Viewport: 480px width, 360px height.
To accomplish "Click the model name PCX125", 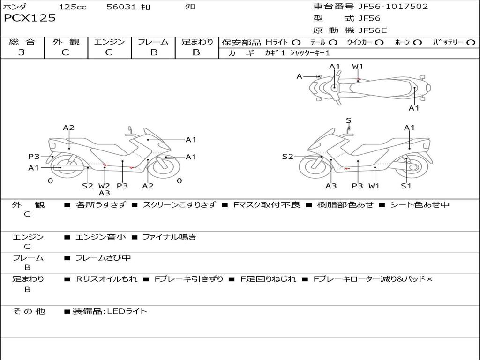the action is [x=30, y=18].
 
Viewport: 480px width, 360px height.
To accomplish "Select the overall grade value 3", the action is [x=22, y=52].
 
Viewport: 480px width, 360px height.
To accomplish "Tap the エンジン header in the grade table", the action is [x=109, y=42].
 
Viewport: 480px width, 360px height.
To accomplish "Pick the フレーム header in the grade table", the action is [x=153, y=42].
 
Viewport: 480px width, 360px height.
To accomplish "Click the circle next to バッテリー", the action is [x=471, y=42].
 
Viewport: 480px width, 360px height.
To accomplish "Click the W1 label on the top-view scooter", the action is [x=358, y=67].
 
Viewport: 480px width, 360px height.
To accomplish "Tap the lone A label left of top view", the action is [x=299, y=76].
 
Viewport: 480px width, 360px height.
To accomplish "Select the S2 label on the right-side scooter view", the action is [x=287, y=157].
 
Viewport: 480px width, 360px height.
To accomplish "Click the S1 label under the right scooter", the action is [x=406, y=186].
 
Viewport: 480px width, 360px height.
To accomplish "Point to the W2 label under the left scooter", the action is [x=104, y=186].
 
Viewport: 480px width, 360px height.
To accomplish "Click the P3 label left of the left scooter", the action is [x=34, y=157].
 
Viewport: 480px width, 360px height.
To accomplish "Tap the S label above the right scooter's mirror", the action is [x=348, y=120].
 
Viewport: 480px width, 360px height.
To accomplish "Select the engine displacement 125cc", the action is [x=72, y=7].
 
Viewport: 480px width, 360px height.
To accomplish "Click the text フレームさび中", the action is [x=103, y=258].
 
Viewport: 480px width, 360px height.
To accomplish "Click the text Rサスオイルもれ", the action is [x=106, y=279].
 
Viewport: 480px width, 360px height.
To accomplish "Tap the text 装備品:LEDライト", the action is [x=109, y=311].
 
